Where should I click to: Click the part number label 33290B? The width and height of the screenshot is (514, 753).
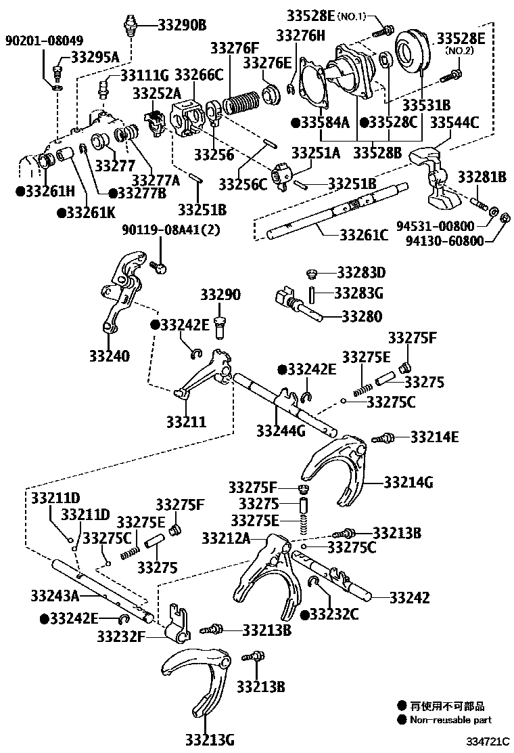pyautogui.click(x=182, y=26)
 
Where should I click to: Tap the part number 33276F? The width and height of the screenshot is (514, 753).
pyautogui.click(x=235, y=48)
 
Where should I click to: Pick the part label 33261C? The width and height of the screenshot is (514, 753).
pyautogui.click(x=364, y=235)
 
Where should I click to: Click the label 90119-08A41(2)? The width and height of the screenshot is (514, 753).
pyautogui.click(x=171, y=229)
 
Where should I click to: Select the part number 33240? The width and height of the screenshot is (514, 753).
pyautogui.click(x=109, y=355)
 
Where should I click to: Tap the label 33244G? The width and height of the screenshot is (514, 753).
pyautogui.click(x=281, y=430)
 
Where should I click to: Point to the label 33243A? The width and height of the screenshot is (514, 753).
pyautogui.click(x=55, y=595)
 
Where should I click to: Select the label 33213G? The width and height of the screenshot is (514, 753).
pyautogui.click(x=210, y=739)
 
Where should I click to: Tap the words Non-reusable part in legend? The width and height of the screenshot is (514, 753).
pyautogui.click(x=451, y=720)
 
